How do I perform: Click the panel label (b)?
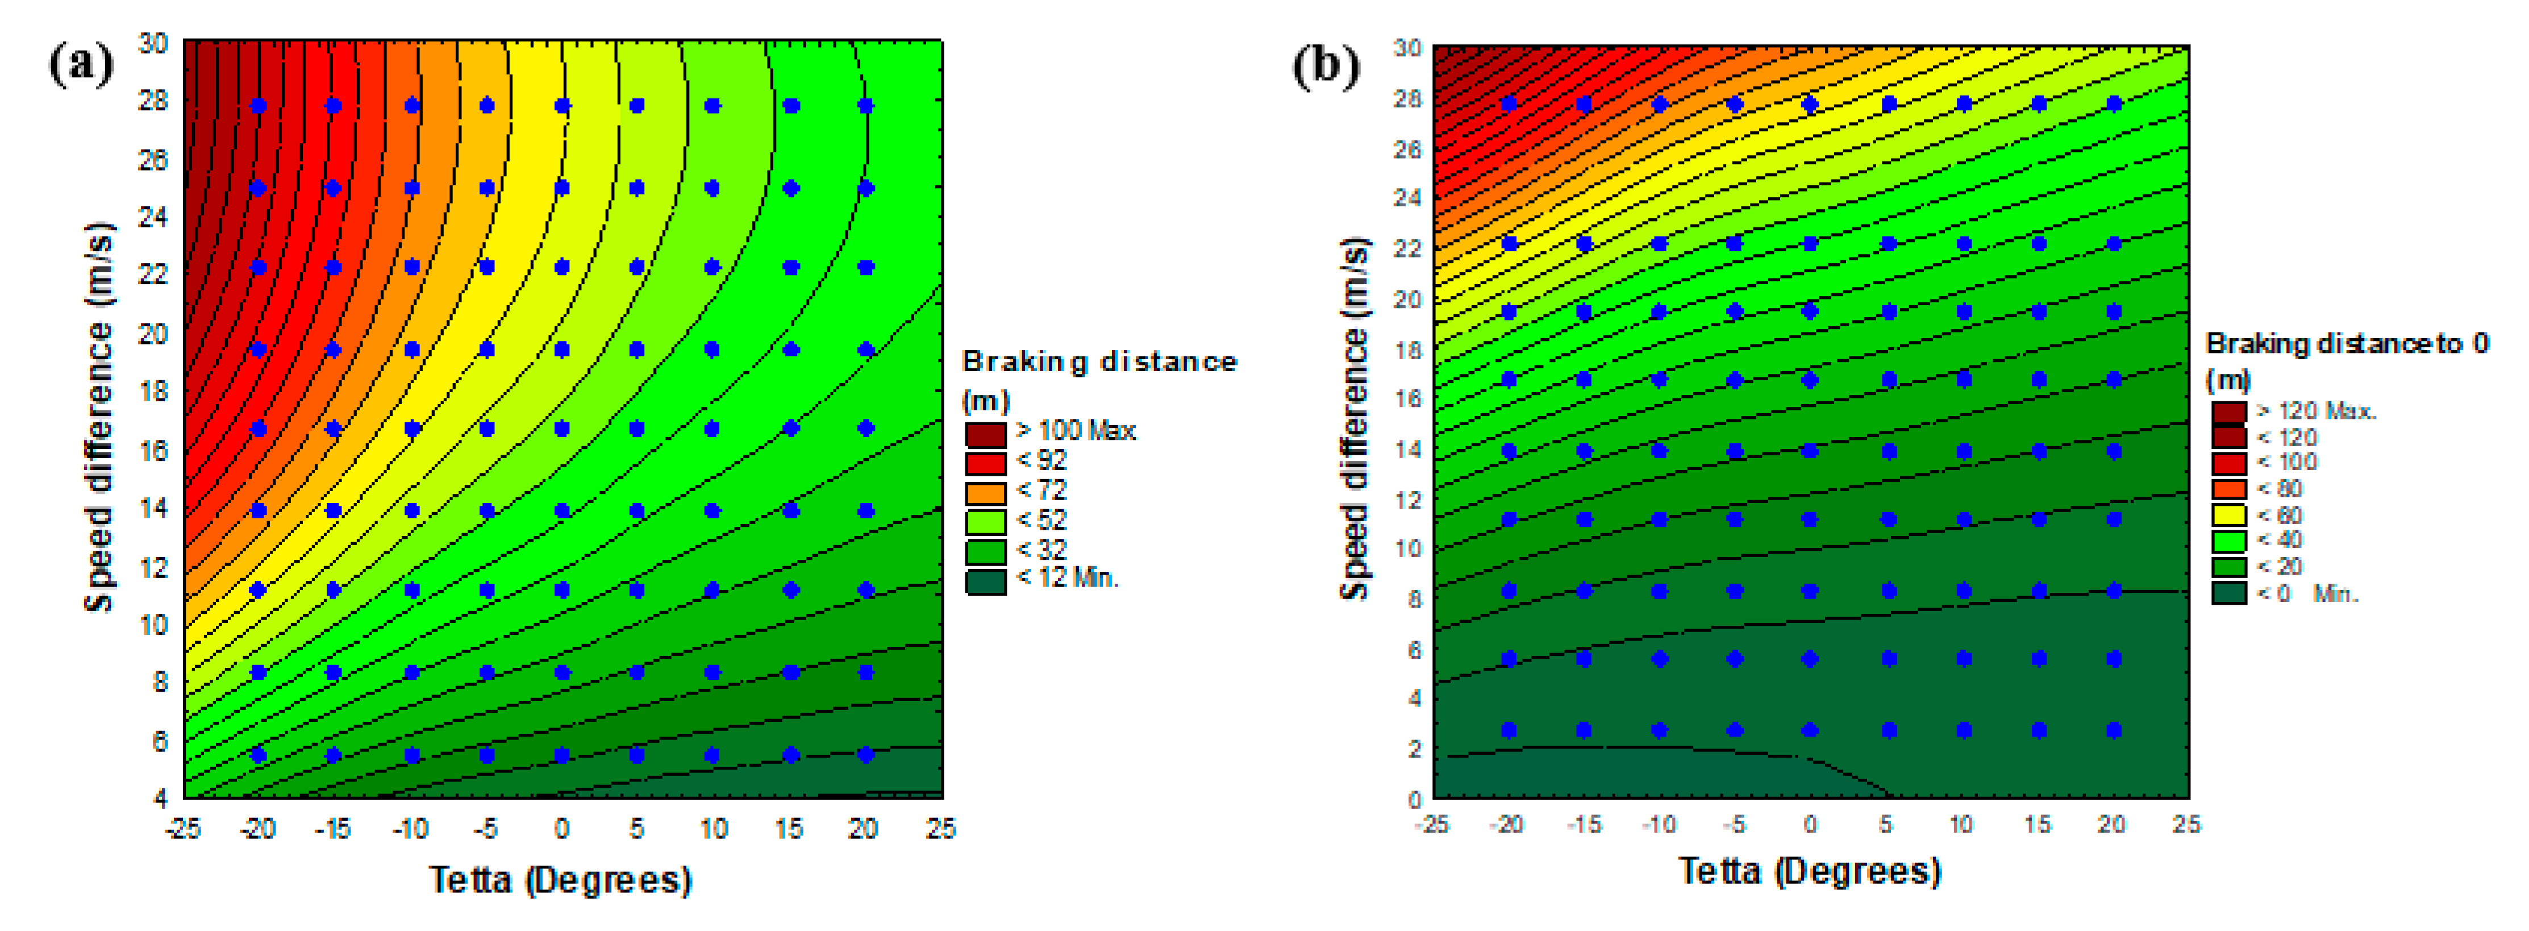[x=1326, y=66]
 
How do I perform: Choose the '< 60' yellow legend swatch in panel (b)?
[x=2228, y=514]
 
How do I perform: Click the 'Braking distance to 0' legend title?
[x=2347, y=344]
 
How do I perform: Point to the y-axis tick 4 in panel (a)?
[x=161, y=797]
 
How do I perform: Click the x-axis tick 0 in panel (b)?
[x=1809, y=825]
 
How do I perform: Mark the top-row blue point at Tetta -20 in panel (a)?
[x=258, y=106]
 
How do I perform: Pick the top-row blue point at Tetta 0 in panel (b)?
[x=1809, y=104]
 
